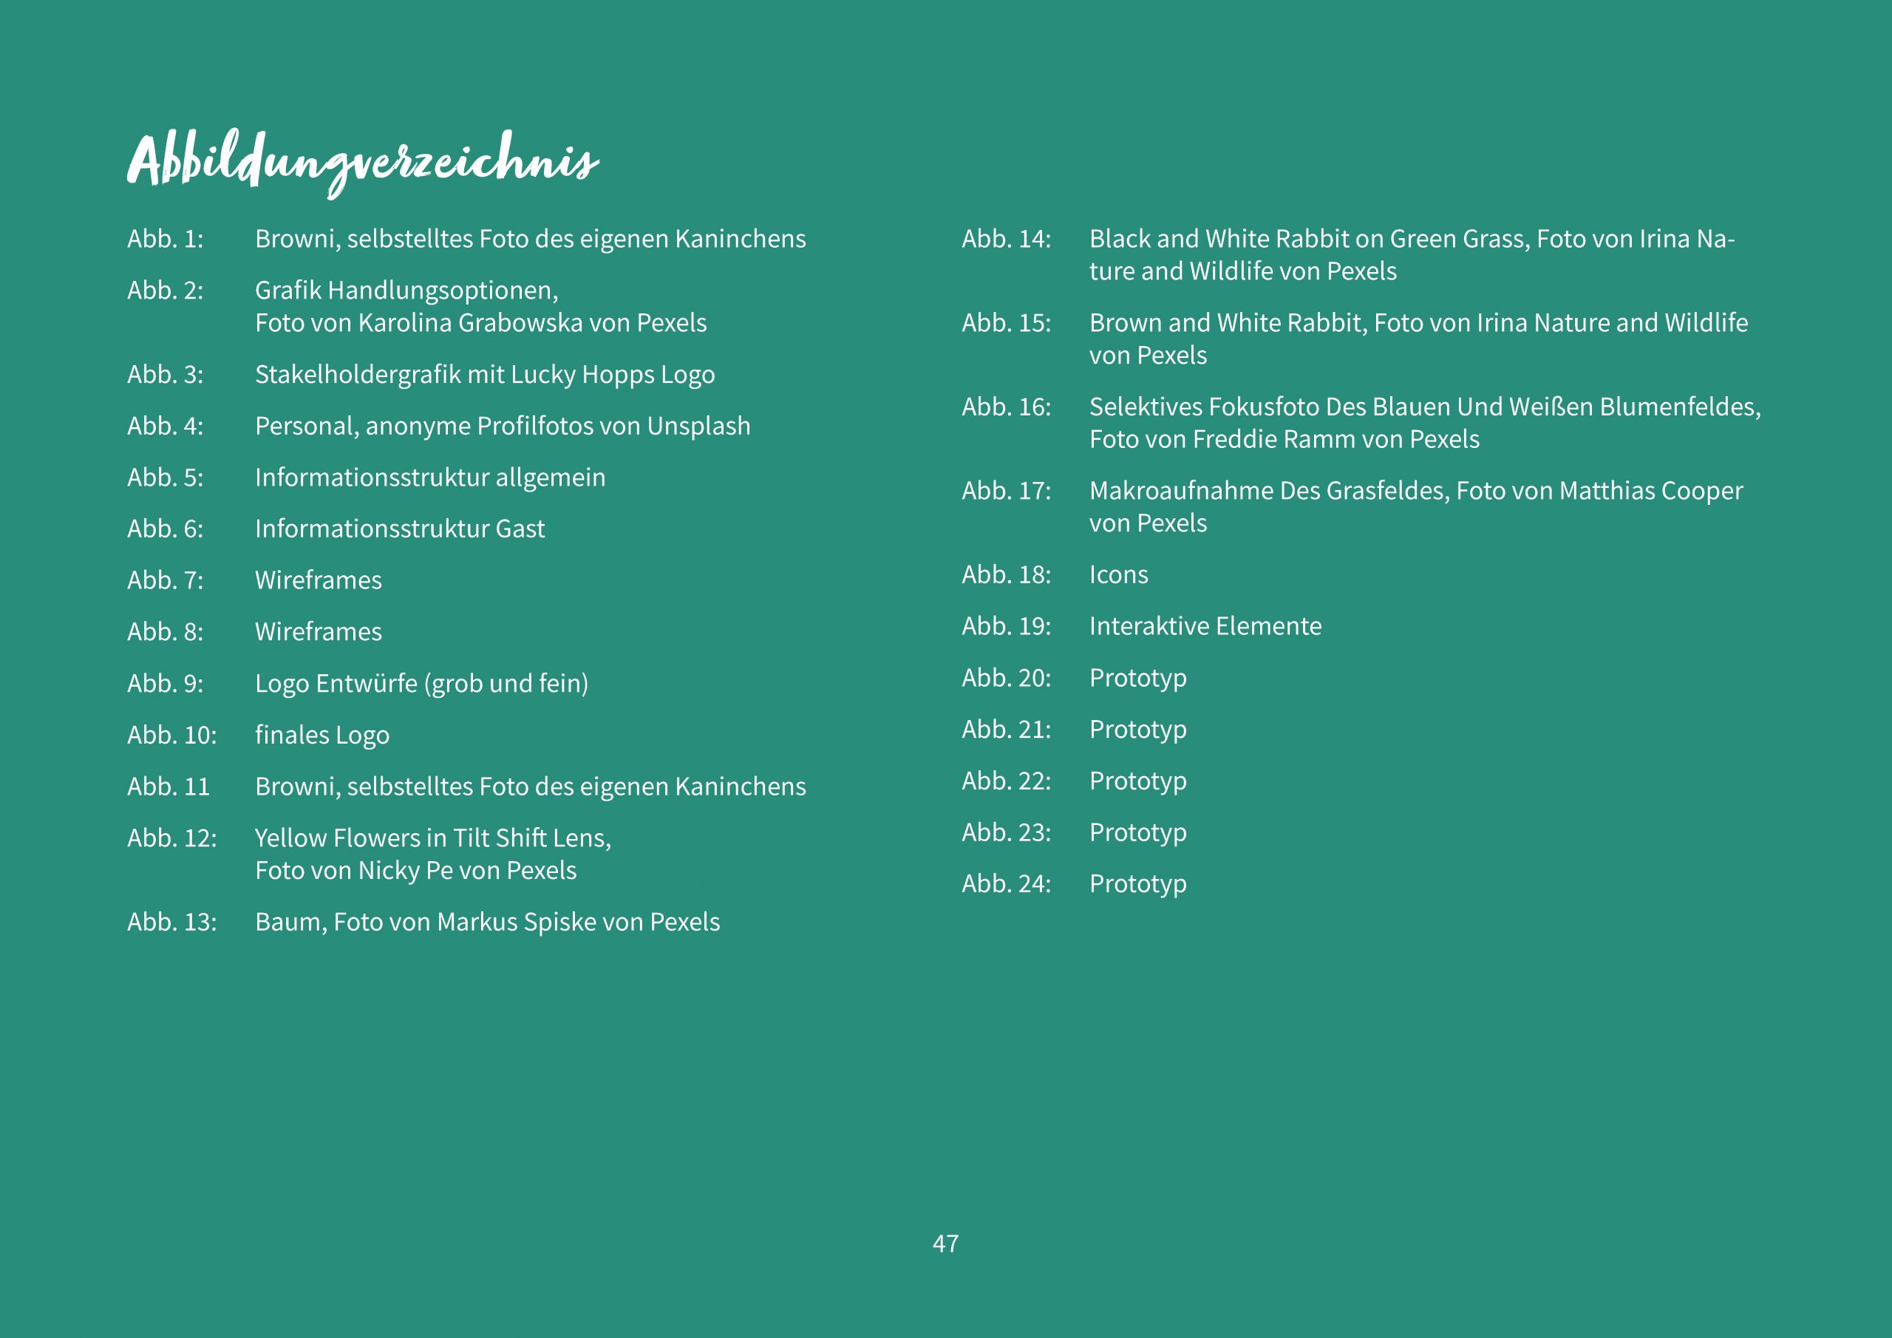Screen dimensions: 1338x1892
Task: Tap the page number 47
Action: click(x=945, y=1244)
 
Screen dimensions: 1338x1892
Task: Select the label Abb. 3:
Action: click(x=165, y=375)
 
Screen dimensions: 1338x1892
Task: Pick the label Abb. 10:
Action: click(x=171, y=736)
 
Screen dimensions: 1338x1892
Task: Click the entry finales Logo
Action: click(x=321, y=736)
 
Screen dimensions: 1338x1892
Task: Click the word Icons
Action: click(x=1118, y=575)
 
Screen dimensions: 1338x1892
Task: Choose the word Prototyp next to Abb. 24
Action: click(x=1137, y=885)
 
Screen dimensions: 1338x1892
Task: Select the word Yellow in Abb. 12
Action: click(x=291, y=838)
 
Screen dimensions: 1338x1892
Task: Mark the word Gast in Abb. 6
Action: click(x=520, y=529)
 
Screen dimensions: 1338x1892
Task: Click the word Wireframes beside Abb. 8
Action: click(x=318, y=632)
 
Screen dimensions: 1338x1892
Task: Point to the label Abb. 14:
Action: click(x=1006, y=239)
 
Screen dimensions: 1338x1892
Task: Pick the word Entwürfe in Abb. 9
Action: click(x=367, y=685)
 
